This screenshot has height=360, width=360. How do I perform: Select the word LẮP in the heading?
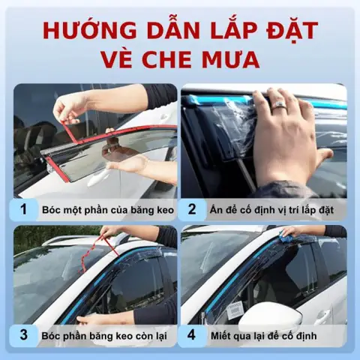coord(224,31)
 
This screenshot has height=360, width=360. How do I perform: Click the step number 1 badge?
coord(24,208)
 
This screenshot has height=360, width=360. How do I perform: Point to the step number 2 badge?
coord(192,208)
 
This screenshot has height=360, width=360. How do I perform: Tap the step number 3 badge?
coord(24,334)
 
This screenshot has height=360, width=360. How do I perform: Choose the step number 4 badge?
coord(192,334)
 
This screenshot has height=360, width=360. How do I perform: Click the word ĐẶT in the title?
coord(288,31)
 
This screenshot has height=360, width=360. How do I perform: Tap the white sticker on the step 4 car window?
coord(236,307)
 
